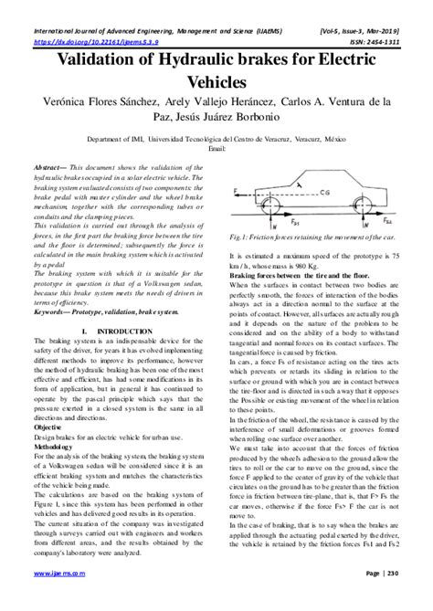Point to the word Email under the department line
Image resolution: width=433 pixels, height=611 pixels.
point(216,148)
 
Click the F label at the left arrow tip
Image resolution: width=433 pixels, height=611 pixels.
point(236,189)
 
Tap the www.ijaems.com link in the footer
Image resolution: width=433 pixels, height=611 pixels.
point(56,600)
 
